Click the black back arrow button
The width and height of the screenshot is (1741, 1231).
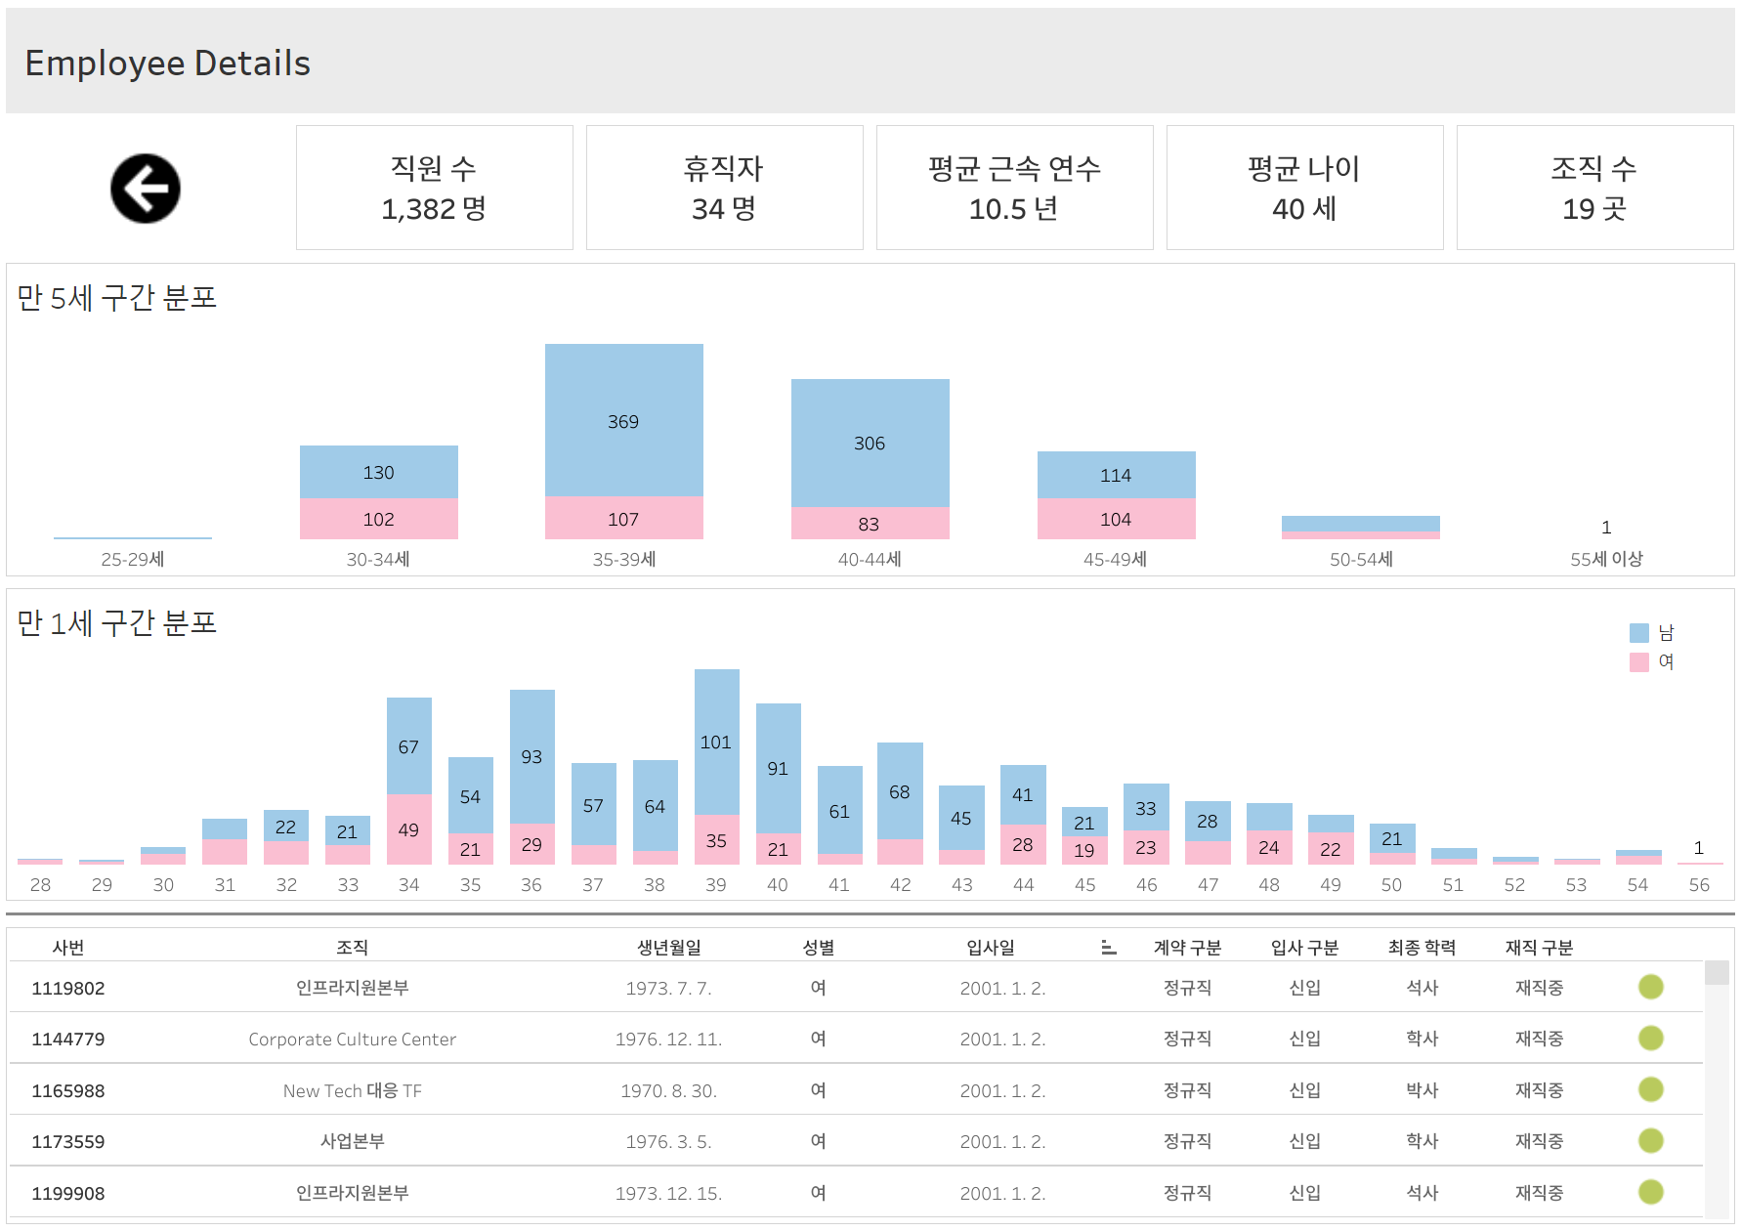(145, 189)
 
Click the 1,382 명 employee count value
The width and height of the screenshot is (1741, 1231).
(433, 209)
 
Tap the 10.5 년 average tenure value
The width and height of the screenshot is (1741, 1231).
(1013, 209)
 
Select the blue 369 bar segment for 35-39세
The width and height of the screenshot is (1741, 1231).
(623, 421)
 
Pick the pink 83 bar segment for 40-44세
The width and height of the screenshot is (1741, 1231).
(870, 524)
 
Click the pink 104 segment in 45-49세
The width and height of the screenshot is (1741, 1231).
(1116, 519)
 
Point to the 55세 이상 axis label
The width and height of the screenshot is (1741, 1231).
(1606, 559)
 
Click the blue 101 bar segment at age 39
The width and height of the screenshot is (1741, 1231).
(716, 742)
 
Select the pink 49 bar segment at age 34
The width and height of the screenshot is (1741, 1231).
(408, 829)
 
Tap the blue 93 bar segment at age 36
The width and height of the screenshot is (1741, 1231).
(531, 756)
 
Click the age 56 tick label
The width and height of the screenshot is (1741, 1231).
(1699, 884)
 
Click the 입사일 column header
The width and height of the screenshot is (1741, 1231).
(991, 947)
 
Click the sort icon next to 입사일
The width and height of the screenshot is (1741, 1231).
(1108, 947)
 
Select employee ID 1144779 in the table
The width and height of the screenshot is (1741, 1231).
(68, 1039)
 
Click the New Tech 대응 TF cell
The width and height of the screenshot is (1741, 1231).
(352, 1090)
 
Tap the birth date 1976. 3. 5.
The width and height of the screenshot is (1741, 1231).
(668, 1141)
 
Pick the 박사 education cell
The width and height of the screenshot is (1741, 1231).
(1422, 1090)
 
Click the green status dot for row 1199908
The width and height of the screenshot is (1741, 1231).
(1650, 1192)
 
